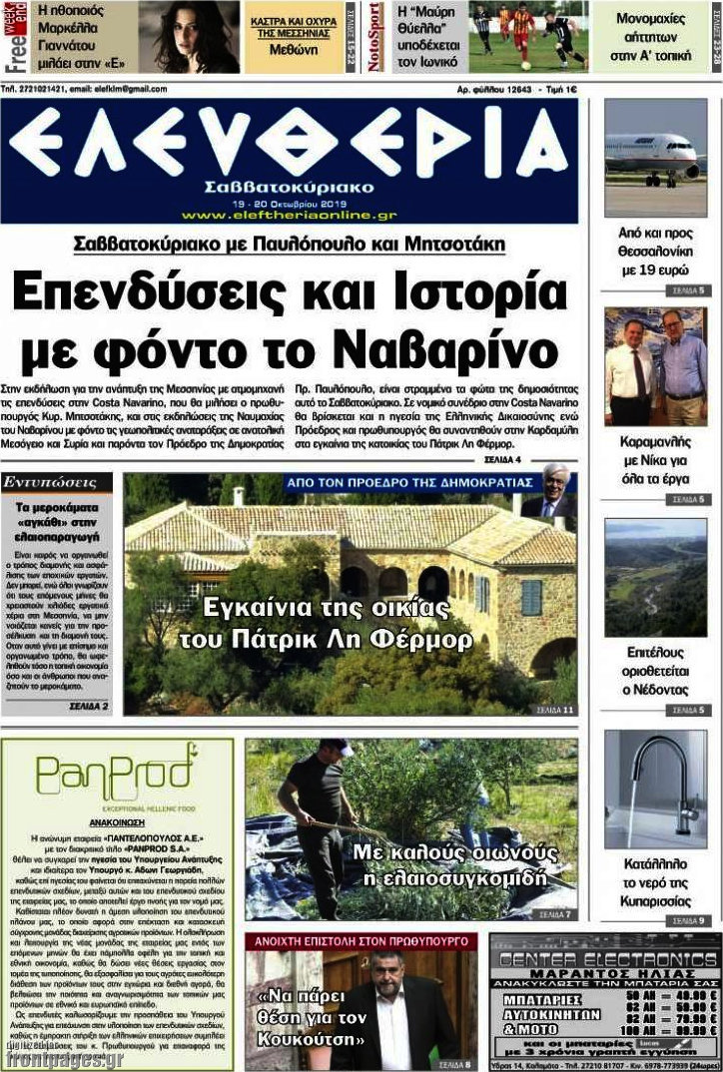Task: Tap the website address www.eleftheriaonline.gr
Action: [289, 215]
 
